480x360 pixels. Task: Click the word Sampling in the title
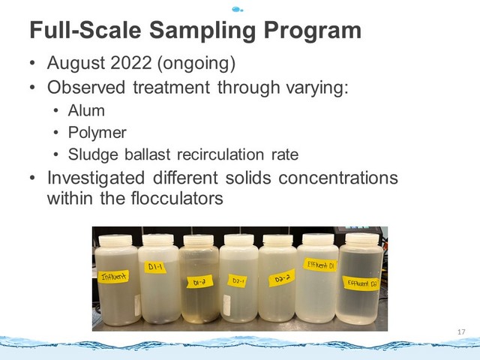[x=202, y=31]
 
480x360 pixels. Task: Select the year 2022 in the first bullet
[x=131, y=63]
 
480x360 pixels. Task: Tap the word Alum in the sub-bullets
[x=86, y=110]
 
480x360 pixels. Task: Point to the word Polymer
[x=97, y=133]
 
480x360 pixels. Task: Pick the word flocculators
[x=177, y=198]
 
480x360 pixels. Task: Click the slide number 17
[x=461, y=331]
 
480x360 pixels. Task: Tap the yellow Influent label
[x=113, y=277]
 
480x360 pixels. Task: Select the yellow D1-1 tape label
[x=155, y=267]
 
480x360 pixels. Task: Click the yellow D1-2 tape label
[x=199, y=282]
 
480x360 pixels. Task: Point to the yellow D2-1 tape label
[x=238, y=280]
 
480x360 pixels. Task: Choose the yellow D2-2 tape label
[x=282, y=278]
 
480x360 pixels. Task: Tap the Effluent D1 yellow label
[x=320, y=265]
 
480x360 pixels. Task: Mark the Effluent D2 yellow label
[x=361, y=283]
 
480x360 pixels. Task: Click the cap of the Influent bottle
[x=115, y=241]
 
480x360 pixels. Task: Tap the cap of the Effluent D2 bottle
[x=362, y=239]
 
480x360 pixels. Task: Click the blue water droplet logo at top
[x=238, y=10]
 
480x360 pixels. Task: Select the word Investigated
[x=96, y=178]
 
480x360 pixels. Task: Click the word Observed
[x=86, y=87]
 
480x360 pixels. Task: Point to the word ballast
[x=147, y=154]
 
